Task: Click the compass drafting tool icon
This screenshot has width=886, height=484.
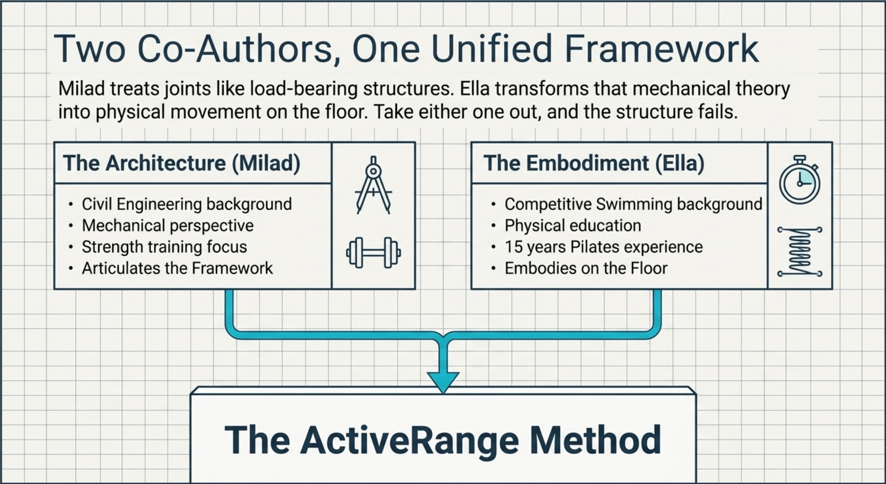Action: pyautogui.click(x=374, y=185)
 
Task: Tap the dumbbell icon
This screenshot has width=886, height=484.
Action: pyautogui.click(x=374, y=253)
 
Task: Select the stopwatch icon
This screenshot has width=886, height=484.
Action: pyautogui.click(x=800, y=180)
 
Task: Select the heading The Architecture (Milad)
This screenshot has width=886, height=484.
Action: pyautogui.click(x=182, y=163)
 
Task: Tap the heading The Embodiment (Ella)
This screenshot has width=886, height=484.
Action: pyautogui.click(x=594, y=163)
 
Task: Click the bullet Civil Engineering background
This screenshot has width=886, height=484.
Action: pyautogui.click(x=187, y=204)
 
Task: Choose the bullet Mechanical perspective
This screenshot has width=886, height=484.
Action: pyautogui.click(x=168, y=225)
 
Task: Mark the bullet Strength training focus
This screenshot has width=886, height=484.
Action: pyautogui.click(x=164, y=247)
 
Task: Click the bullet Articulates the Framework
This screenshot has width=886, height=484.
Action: pyautogui.click(x=177, y=268)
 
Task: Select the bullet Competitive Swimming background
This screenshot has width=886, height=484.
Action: pyautogui.click(x=633, y=204)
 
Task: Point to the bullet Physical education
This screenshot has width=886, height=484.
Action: pyautogui.click(x=573, y=225)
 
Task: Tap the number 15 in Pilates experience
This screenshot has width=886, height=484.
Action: pyautogui.click(x=513, y=247)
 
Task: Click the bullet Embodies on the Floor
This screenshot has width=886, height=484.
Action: pyautogui.click(x=586, y=268)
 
